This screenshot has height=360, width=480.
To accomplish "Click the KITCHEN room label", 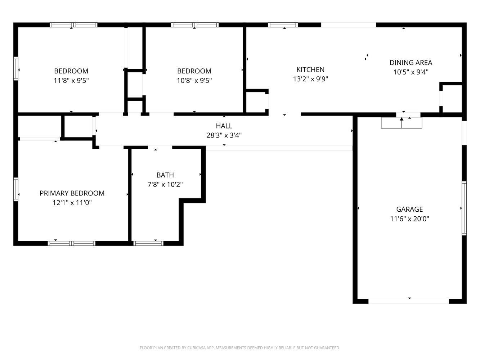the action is [310, 69].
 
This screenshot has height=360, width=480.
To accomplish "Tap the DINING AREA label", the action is [411, 63].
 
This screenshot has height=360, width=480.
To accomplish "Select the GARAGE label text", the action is [409, 209].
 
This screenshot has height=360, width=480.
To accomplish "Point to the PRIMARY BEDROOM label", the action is [72, 193].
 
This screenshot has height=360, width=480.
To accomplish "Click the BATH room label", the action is [165, 175].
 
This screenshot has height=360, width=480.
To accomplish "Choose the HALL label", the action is [224, 126].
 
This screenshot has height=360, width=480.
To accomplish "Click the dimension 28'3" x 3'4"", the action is [224, 135].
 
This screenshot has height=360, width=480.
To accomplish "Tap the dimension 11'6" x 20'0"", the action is [409, 219].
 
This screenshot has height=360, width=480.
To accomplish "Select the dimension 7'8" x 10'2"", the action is [165, 184].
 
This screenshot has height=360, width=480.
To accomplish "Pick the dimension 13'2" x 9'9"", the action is [310, 79].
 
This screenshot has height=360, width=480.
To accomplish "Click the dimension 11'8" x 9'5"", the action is [71, 80].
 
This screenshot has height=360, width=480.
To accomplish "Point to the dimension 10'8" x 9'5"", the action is [194, 80].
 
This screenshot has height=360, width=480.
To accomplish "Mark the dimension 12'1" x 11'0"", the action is [72, 203].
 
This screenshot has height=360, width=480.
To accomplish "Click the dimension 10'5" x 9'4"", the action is [411, 72].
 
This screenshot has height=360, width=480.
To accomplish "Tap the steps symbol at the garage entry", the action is [402, 123].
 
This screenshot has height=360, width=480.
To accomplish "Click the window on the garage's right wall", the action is [464, 208].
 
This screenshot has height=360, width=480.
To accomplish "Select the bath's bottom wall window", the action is [148, 243].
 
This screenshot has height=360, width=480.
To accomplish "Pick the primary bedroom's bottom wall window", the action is [72, 243].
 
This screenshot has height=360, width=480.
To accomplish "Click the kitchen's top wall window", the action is [283, 25].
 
